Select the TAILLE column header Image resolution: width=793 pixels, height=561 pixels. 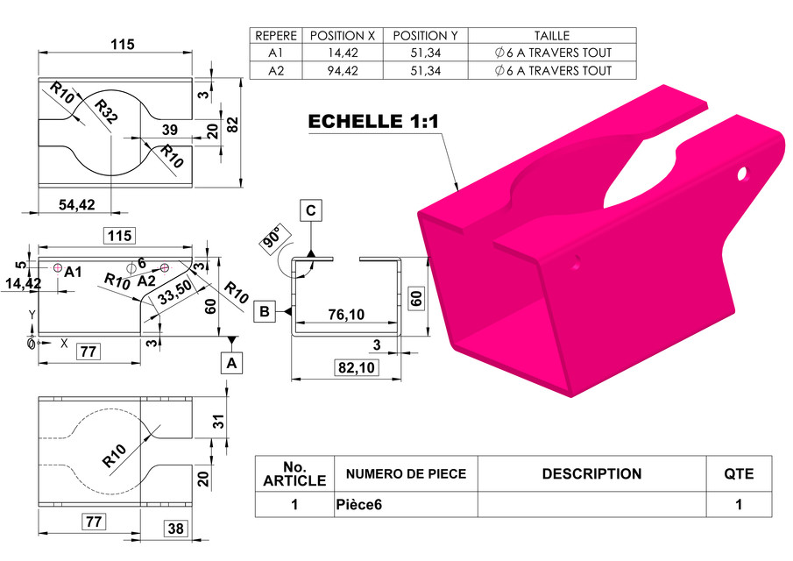point(551,36)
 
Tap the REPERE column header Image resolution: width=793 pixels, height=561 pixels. point(275,36)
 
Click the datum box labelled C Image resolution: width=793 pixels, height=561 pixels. point(311,210)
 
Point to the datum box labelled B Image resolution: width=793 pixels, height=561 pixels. point(265,311)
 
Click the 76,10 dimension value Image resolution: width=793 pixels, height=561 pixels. point(346,314)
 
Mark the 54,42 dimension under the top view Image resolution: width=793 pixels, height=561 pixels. point(77,204)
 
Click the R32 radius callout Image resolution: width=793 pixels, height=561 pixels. point(107,113)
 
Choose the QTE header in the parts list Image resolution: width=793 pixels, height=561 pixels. point(739,474)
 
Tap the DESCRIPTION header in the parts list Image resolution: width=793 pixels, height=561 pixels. point(591,474)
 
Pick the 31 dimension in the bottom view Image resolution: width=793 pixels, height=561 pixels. point(219,421)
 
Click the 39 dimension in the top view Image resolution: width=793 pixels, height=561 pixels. point(171,130)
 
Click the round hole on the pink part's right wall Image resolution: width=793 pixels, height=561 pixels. point(742,173)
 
